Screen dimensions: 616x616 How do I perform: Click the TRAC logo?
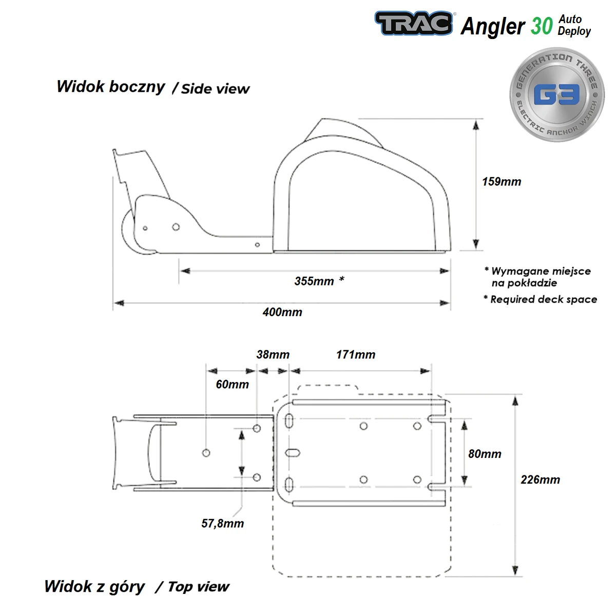click(414, 24)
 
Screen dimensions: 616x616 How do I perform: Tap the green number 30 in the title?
click(541, 26)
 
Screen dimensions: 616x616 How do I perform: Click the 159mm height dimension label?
click(501, 182)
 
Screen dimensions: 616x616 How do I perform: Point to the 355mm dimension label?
click(314, 281)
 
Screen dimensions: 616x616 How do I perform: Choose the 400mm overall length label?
click(282, 312)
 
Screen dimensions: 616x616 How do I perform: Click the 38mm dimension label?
click(273, 355)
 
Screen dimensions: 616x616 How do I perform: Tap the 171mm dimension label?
click(356, 355)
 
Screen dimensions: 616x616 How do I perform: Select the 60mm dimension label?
click(232, 384)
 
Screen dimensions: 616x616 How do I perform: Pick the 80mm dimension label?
click(485, 454)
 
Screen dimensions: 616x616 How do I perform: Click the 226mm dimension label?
click(540, 479)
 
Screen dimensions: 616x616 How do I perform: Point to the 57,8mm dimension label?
click(222, 524)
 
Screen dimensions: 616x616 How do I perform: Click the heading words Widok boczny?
click(111, 86)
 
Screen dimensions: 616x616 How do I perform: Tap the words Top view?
click(198, 587)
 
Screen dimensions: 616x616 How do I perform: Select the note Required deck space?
click(543, 299)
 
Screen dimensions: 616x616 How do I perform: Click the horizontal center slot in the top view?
click(293, 453)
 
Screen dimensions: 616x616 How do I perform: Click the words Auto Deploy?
click(574, 25)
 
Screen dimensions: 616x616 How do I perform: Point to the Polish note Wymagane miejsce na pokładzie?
click(540, 277)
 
